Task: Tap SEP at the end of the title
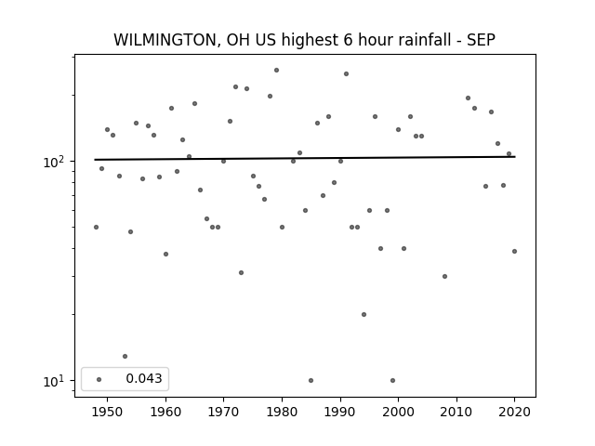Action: [481, 40]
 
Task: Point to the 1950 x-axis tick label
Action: [108, 412]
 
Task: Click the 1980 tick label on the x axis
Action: [282, 412]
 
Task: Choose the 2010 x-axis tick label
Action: [456, 412]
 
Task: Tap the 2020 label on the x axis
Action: [514, 412]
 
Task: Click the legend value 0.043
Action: [144, 378]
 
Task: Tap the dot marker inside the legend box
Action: [99, 379]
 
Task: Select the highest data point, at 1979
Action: [277, 71]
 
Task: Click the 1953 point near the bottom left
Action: [125, 357]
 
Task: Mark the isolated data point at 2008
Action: [444, 277]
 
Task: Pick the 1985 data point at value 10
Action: [311, 380]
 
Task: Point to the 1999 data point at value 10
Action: [392, 380]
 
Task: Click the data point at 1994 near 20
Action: [364, 314]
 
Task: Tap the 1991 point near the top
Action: [346, 74]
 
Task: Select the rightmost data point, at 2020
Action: [514, 252]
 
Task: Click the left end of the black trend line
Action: [95, 160]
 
